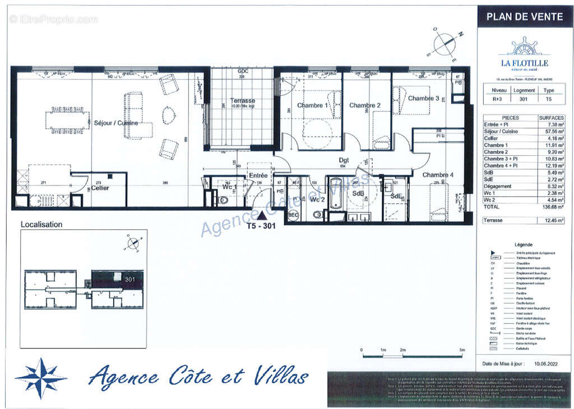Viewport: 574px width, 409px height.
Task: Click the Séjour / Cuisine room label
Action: pyautogui.click(x=115, y=123)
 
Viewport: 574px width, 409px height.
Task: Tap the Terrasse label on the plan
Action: pyautogui.click(x=242, y=101)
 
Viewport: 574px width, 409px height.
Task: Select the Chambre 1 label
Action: pyautogui.click(x=310, y=105)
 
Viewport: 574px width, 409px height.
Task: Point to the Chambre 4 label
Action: pyautogui.click(x=438, y=175)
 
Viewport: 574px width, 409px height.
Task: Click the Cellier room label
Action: pyautogui.click(x=100, y=188)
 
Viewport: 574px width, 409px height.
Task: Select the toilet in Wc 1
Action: pyautogui.click(x=223, y=199)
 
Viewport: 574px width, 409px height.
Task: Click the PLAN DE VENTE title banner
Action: pyautogui.click(x=524, y=17)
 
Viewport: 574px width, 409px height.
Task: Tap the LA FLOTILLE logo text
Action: pyautogui.click(x=524, y=63)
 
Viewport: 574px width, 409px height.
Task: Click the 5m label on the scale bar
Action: pyautogui.click(x=462, y=350)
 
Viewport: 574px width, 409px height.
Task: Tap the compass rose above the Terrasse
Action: pyautogui.click(x=445, y=43)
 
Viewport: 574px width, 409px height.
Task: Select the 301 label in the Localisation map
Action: pyautogui.click(x=130, y=279)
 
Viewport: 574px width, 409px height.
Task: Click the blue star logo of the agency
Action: pyautogui.click(x=41, y=378)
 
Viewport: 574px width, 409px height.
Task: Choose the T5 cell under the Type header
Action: pyautogui.click(x=549, y=99)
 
